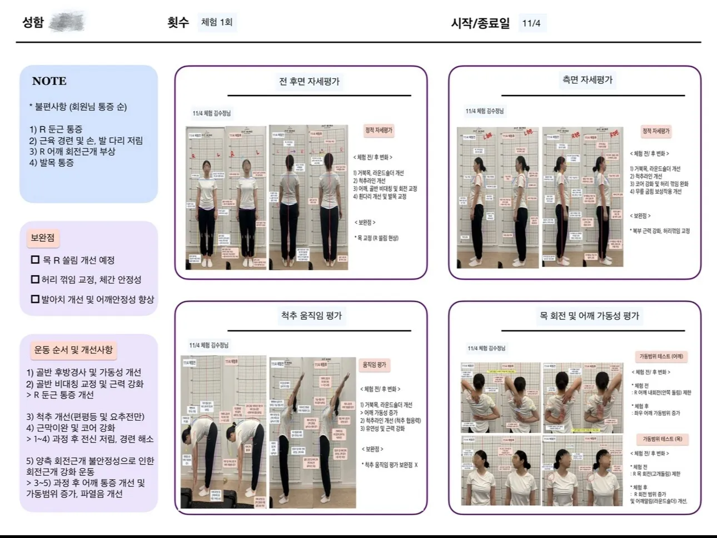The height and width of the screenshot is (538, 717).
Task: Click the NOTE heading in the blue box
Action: click(x=49, y=81)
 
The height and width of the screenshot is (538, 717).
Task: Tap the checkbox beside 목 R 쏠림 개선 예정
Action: click(x=35, y=260)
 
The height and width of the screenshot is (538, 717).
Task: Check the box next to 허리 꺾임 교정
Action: click(x=35, y=279)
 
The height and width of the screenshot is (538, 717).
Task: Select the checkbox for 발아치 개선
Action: click(x=35, y=299)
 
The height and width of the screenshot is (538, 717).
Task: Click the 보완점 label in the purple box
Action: click(x=42, y=238)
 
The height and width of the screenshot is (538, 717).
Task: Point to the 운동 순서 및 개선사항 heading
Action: click(x=73, y=350)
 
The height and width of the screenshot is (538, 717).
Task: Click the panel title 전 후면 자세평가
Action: click(x=309, y=82)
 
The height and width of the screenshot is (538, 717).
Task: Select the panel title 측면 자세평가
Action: click(x=587, y=80)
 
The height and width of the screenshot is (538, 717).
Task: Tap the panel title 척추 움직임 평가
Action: click(x=311, y=316)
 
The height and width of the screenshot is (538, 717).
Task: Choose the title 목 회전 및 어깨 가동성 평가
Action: click(x=589, y=316)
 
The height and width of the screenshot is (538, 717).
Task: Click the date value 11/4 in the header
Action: click(x=531, y=23)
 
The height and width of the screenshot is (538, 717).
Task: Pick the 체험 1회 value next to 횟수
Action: click(x=217, y=23)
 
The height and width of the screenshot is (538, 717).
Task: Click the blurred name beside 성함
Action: click(x=67, y=23)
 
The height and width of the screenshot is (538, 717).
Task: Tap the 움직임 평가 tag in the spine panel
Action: click(x=374, y=365)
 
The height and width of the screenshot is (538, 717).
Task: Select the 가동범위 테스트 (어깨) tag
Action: click(x=661, y=356)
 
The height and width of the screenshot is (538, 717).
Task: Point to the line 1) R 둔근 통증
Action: click(x=56, y=129)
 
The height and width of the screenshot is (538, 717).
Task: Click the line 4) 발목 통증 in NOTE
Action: click(x=52, y=162)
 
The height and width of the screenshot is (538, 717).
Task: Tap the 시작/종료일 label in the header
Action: click(x=480, y=23)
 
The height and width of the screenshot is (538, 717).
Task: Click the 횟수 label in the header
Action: click(x=178, y=23)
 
